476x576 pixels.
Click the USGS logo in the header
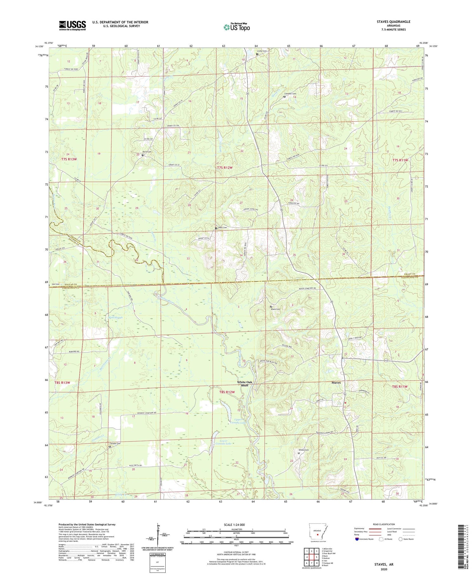(x=72, y=25)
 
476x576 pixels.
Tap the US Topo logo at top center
(x=236, y=27)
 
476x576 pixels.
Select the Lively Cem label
(x=262, y=51)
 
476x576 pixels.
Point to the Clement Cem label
(x=290, y=94)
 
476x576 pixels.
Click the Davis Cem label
(x=147, y=152)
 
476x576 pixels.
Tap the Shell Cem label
(x=222, y=227)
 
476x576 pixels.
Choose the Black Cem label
(x=275, y=309)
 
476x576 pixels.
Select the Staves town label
(x=336, y=383)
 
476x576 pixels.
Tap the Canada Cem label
(x=115, y=444)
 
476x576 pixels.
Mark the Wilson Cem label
(x=303, y=450)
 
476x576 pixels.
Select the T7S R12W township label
(x=225, y=167)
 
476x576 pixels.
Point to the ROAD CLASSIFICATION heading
(x=384, y=524)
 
